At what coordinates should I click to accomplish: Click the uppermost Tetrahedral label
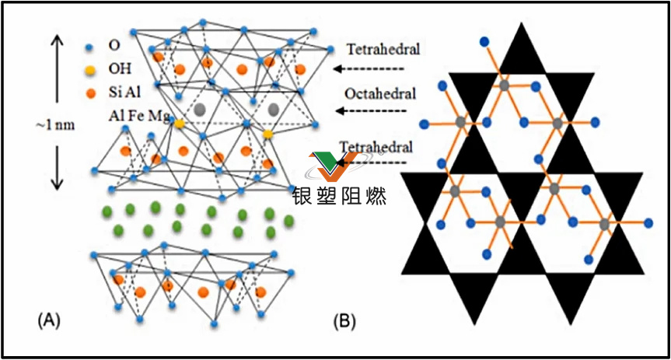click(383, 50)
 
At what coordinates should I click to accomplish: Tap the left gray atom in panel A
click(201, 111)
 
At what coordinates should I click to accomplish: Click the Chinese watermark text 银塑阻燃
click(339, 194)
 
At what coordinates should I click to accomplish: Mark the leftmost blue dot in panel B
click(423, 123)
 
